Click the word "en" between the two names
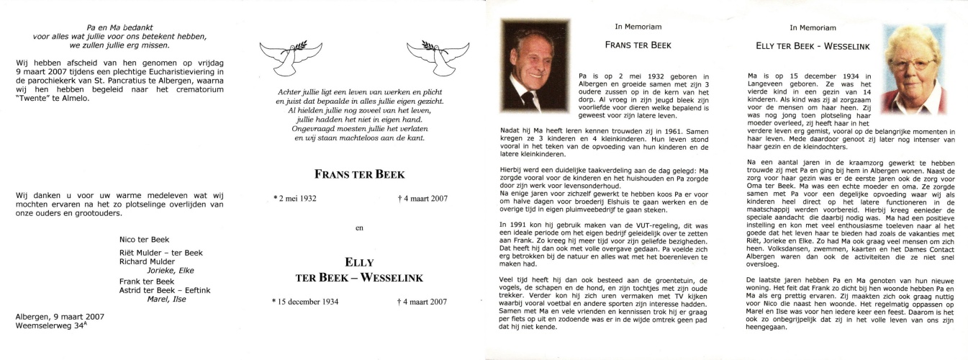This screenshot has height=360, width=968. (x=360, y=228)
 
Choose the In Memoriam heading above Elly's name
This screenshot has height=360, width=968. (x=813, y=28)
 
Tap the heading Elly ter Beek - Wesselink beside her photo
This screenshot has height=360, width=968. (x=813, y=46)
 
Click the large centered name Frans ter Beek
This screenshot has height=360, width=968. (x=360, y=174)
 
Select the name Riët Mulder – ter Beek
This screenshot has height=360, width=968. (x=161, y=253)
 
